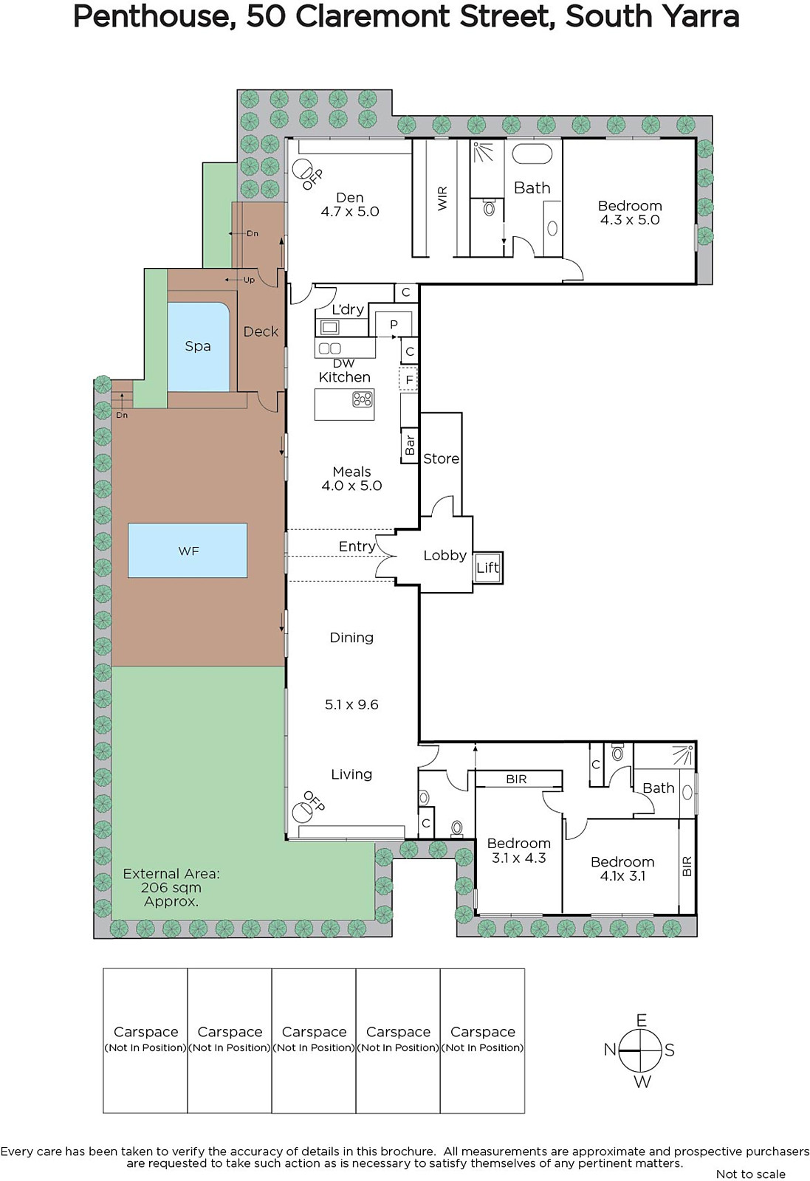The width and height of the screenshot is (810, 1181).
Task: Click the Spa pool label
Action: point(198,346)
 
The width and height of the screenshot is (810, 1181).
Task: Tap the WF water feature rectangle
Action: point(188,550)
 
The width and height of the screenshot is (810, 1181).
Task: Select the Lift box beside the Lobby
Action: point(488,568)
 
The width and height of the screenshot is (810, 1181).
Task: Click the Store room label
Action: point(442,458)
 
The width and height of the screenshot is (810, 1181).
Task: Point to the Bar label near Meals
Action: point(410,445)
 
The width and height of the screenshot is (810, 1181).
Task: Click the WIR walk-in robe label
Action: point(442,199)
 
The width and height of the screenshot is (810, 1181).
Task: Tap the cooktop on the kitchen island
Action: point(363,399)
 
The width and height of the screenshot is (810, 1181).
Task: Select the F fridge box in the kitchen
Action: point(408,379)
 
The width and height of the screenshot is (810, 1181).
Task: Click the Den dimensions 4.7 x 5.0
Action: point(350,211)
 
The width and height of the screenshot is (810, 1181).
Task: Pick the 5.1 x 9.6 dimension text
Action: point(351,705)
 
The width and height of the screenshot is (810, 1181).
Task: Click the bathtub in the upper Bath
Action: point(532,155)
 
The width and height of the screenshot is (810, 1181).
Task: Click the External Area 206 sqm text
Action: point(171,887)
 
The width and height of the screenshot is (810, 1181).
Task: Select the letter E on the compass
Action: point(641,1020)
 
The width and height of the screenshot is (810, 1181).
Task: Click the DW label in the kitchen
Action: point(344,363)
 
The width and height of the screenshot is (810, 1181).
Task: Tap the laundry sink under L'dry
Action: point(329,328)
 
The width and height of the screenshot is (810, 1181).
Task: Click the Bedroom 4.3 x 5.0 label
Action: point(630,213)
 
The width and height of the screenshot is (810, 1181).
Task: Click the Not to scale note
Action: point(751,1174)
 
